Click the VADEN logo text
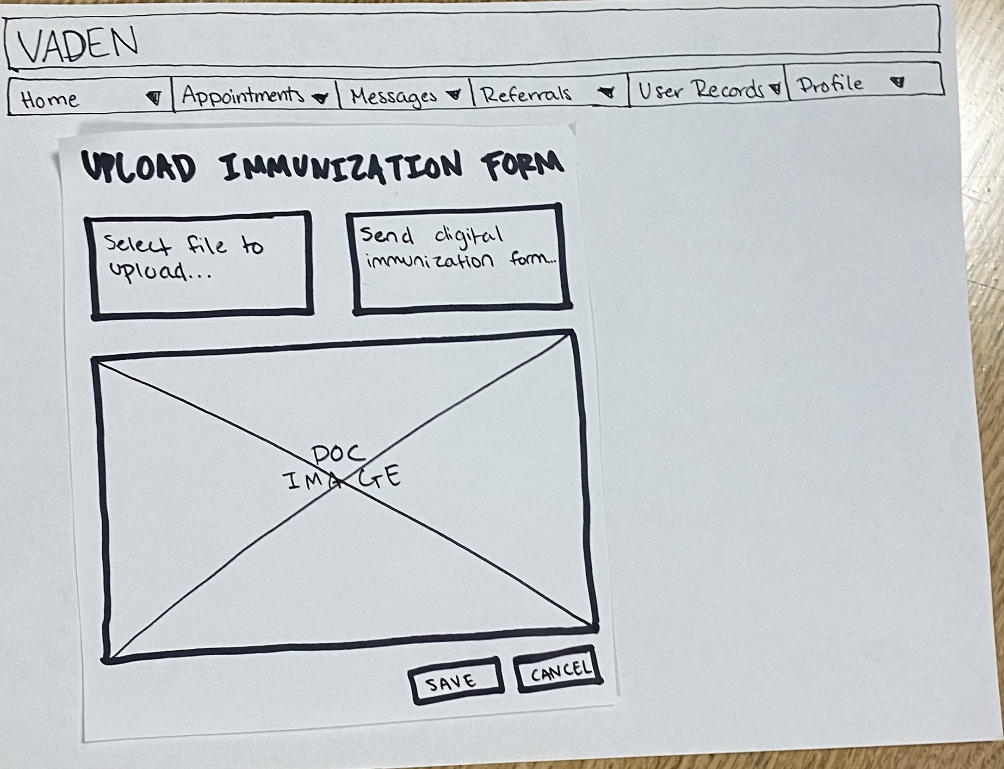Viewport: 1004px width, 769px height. [x=78, y=44]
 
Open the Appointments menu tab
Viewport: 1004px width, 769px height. [x=243, y=95]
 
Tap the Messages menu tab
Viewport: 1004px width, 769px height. [x=394, y=96]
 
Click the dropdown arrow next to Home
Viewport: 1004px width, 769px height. [x=155, y=98]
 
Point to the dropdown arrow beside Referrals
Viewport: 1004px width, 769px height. [x=607, y=92]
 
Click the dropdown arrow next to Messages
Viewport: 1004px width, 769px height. [x=454, y=94]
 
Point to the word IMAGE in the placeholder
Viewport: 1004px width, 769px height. [x=343, y=479]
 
